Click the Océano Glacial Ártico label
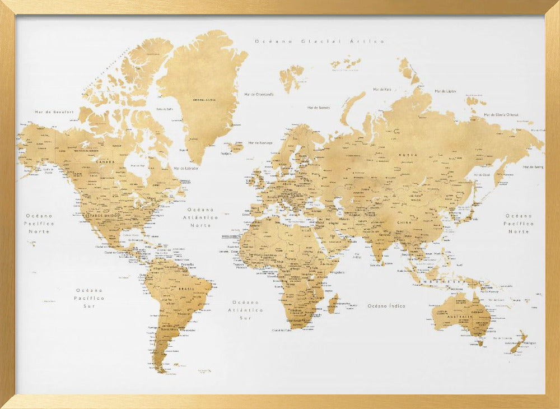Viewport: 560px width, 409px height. pyautogui.click(x=319, y=41)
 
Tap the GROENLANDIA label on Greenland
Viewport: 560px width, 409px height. pyautogui.click(x=204, y=100)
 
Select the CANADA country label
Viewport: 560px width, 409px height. pyautogui.click(x=105, y=162)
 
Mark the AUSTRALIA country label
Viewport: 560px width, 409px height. pyautogui.click(x=460, y=317)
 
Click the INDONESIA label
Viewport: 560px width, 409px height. pyautogui.click(x=442, y=281)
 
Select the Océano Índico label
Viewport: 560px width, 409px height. pyautogui.click(x=386, y=306)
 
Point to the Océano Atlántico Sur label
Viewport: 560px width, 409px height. pyautogui.click(x=245, y=310)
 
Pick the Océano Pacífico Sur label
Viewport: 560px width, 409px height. pyautogui.click(x=90, y=298)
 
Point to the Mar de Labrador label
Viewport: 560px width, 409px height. pyautogui.click(x=186, y=168)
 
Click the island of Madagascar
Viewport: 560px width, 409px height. pyautogui.click(x=333, y=304)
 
